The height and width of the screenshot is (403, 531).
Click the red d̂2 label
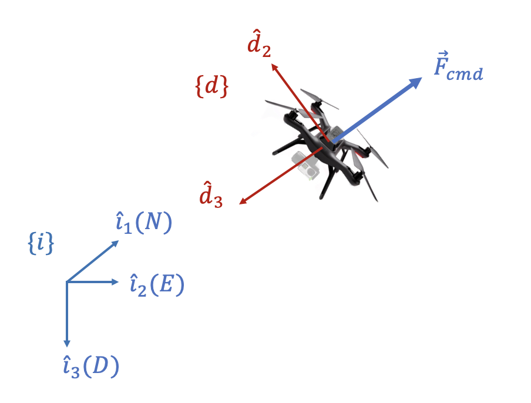point(258,47)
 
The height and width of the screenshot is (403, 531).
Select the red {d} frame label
point(211,86)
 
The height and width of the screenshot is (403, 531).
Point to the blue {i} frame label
point(41,243)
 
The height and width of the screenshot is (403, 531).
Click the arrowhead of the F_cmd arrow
point(415,82)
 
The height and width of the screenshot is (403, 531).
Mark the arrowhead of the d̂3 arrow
point(243,203)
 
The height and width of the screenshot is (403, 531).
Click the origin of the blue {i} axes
point(66,282)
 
